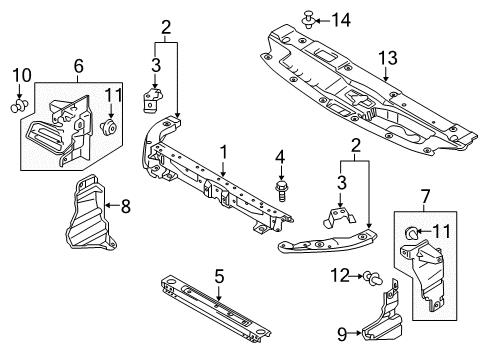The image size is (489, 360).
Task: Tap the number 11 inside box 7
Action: click(441, 233)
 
